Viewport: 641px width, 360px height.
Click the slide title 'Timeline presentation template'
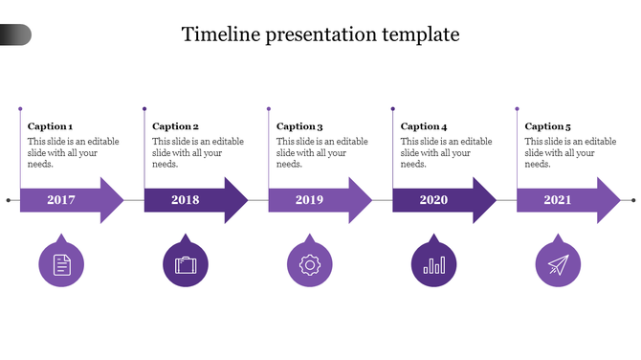coord(320,34)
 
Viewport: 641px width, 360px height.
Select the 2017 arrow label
coord(61,200)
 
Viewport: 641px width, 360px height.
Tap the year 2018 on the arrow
coord(186,200)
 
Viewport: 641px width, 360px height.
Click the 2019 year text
coord(309,200)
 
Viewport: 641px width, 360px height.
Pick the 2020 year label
coord(433,200)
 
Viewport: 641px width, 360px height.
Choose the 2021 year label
coord(558,200)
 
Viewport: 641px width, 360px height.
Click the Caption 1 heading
coord(51,126)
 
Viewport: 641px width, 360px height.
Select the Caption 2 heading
coord(175,126)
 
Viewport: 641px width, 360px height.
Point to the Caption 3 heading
coord(299,126)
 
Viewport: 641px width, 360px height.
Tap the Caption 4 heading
coord(424,126)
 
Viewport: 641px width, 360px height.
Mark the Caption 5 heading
coord(548,126)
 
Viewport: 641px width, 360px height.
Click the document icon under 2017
coord(61,264)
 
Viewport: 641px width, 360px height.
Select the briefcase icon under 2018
coord(186,264)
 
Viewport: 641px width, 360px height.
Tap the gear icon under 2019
coord(310,264)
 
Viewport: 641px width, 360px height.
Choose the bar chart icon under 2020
coord(433,264)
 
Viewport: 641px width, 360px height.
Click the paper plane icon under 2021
coord(558,264)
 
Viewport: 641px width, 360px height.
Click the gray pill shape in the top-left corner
coord(15,35)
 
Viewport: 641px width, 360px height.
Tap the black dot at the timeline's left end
coord(9,200)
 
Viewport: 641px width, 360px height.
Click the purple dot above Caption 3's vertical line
coord(269,109)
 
